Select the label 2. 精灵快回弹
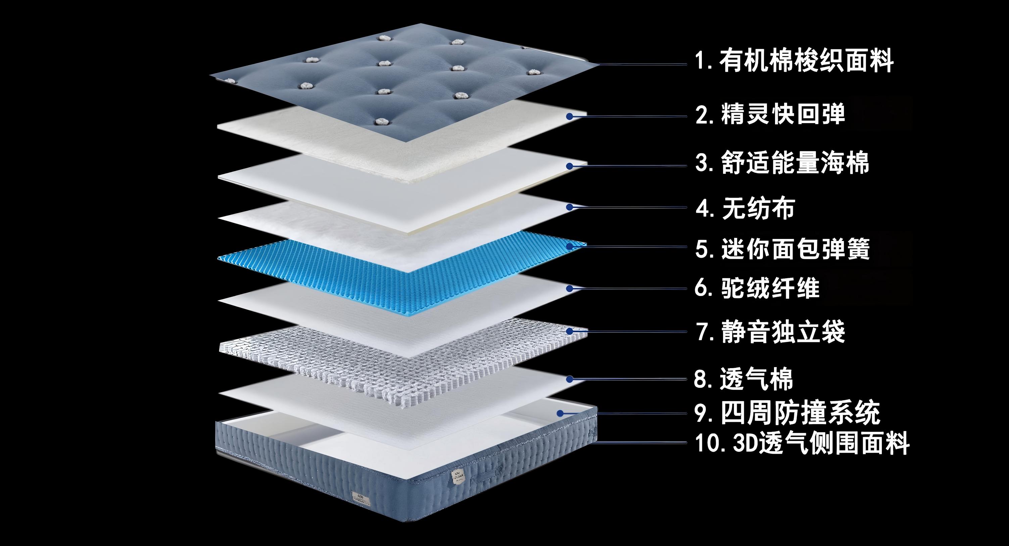click(x=770, y=114)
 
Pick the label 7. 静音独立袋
click(x=770, y=332)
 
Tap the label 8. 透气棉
click(x=743, y=379)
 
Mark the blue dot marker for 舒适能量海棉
click(x=570, y=166)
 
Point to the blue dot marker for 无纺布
click(x=570, y=206)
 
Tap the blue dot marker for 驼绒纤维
click(x=570, y=289)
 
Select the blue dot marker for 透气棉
click(x=570, y=379)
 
